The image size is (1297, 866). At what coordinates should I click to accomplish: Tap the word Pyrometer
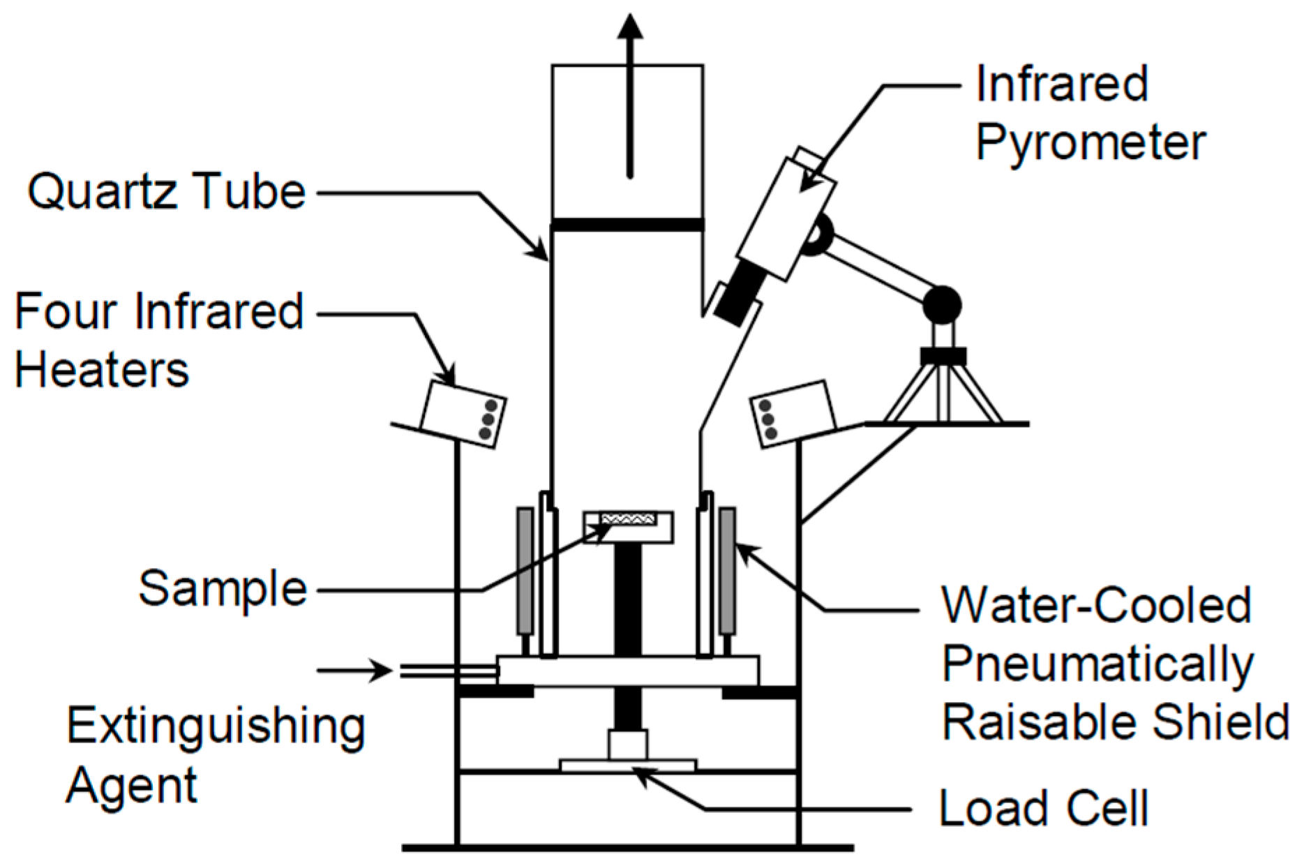click(x=1090, y=143)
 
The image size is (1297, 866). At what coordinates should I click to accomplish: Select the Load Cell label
click(x=1043, y=808)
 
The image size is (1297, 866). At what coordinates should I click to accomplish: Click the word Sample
click(x=223, y=588)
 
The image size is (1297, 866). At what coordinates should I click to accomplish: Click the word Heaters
click(x=102, y=369)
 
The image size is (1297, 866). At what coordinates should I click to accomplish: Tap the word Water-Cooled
click(x=1096, y=604)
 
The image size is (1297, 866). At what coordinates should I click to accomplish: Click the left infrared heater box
click(x=464, y=414)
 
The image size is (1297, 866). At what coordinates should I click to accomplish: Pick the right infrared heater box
click(x=793, y=413)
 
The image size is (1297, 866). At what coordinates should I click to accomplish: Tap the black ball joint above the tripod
click(x=942, y=305)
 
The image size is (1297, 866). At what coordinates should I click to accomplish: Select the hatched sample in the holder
click(x=627, y=518)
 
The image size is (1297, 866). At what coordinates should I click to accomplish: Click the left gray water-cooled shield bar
click(x=525, y=572)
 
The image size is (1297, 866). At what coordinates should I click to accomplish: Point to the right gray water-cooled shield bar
click(x=727, y=572)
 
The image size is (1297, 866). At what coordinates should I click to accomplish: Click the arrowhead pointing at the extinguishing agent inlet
click(x=382, y=671)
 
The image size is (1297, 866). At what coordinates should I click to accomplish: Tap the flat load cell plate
click(x=628, y=766)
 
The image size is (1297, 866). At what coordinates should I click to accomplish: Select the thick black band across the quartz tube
click(x=627, y=225)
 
